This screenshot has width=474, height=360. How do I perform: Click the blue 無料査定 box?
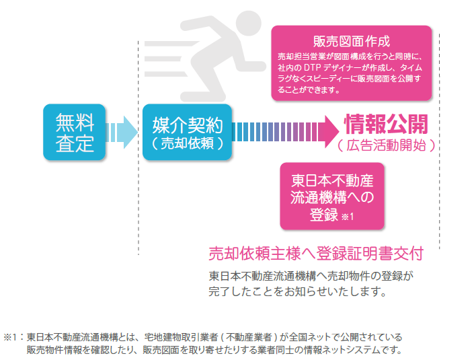coord(75,132)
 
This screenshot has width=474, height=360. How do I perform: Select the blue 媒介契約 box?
coord(187,132)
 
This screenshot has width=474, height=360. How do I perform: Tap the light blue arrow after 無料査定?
coord(121,132)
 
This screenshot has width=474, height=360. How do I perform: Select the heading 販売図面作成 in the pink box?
coord(352,41)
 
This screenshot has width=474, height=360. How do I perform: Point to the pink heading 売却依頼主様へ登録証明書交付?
coord(315,254)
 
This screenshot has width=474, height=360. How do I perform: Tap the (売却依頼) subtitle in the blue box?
coord(187,144)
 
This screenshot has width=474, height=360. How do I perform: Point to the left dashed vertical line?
coord(139,148)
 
